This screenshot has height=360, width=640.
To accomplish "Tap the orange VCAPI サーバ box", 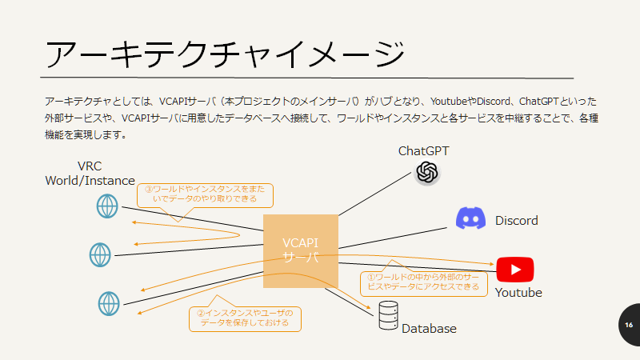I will click(x=301, y=250).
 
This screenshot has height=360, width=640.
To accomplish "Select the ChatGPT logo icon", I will click(x=427, y=172).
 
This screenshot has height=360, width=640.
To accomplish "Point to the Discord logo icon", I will click(x=471, y=218).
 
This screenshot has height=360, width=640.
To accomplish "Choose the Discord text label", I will click(x=516, y=220).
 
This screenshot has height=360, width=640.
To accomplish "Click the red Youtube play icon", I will click(x=514, y=269).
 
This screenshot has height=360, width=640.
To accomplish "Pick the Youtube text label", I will click(x=518, y=293).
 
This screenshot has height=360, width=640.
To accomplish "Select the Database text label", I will click(x=429, y=329).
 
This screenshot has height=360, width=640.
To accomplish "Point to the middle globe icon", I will click(x=100, y=254).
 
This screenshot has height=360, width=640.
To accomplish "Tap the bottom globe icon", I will click(x=109, y=302).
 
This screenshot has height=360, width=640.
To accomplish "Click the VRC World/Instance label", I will click(x=90, y=174).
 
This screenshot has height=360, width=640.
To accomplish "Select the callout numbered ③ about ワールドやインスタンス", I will click(x=206, y=194).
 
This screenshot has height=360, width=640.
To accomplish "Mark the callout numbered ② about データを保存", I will click(x=245, y=318).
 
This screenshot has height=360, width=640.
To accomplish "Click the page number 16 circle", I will click(x=628, y=325).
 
